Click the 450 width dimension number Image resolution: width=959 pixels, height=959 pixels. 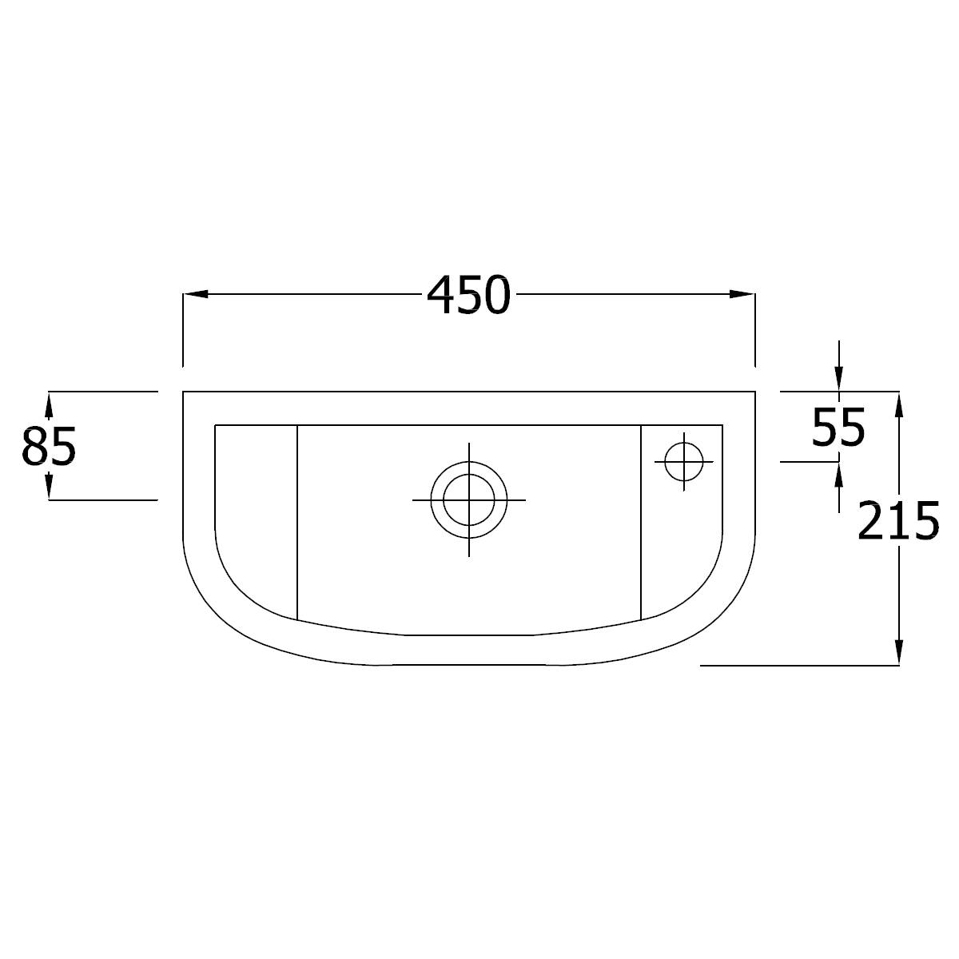(x=468, y=296)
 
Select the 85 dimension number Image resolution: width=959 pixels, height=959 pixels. (x=49, y=446)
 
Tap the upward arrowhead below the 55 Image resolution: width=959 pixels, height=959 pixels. (x=838, y=473)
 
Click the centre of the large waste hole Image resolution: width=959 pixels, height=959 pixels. (x=469, y=500)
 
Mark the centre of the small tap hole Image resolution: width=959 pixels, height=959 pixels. (x=683, y=461)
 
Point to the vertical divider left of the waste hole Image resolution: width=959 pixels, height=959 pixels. (x=297, y=519)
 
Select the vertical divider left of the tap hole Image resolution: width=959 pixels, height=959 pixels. (x=642, y=519)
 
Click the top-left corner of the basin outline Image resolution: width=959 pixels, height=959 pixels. (x=184, y=392)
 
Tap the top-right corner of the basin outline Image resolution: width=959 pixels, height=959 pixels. (x=755, y=392)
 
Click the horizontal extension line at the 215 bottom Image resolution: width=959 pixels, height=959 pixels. (x=799, y=665)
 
